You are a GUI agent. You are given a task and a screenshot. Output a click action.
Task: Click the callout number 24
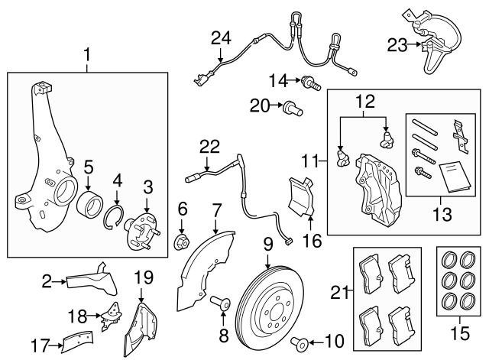tap(220, 37)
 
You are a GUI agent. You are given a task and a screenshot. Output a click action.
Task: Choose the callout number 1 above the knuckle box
tap(87, 54)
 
